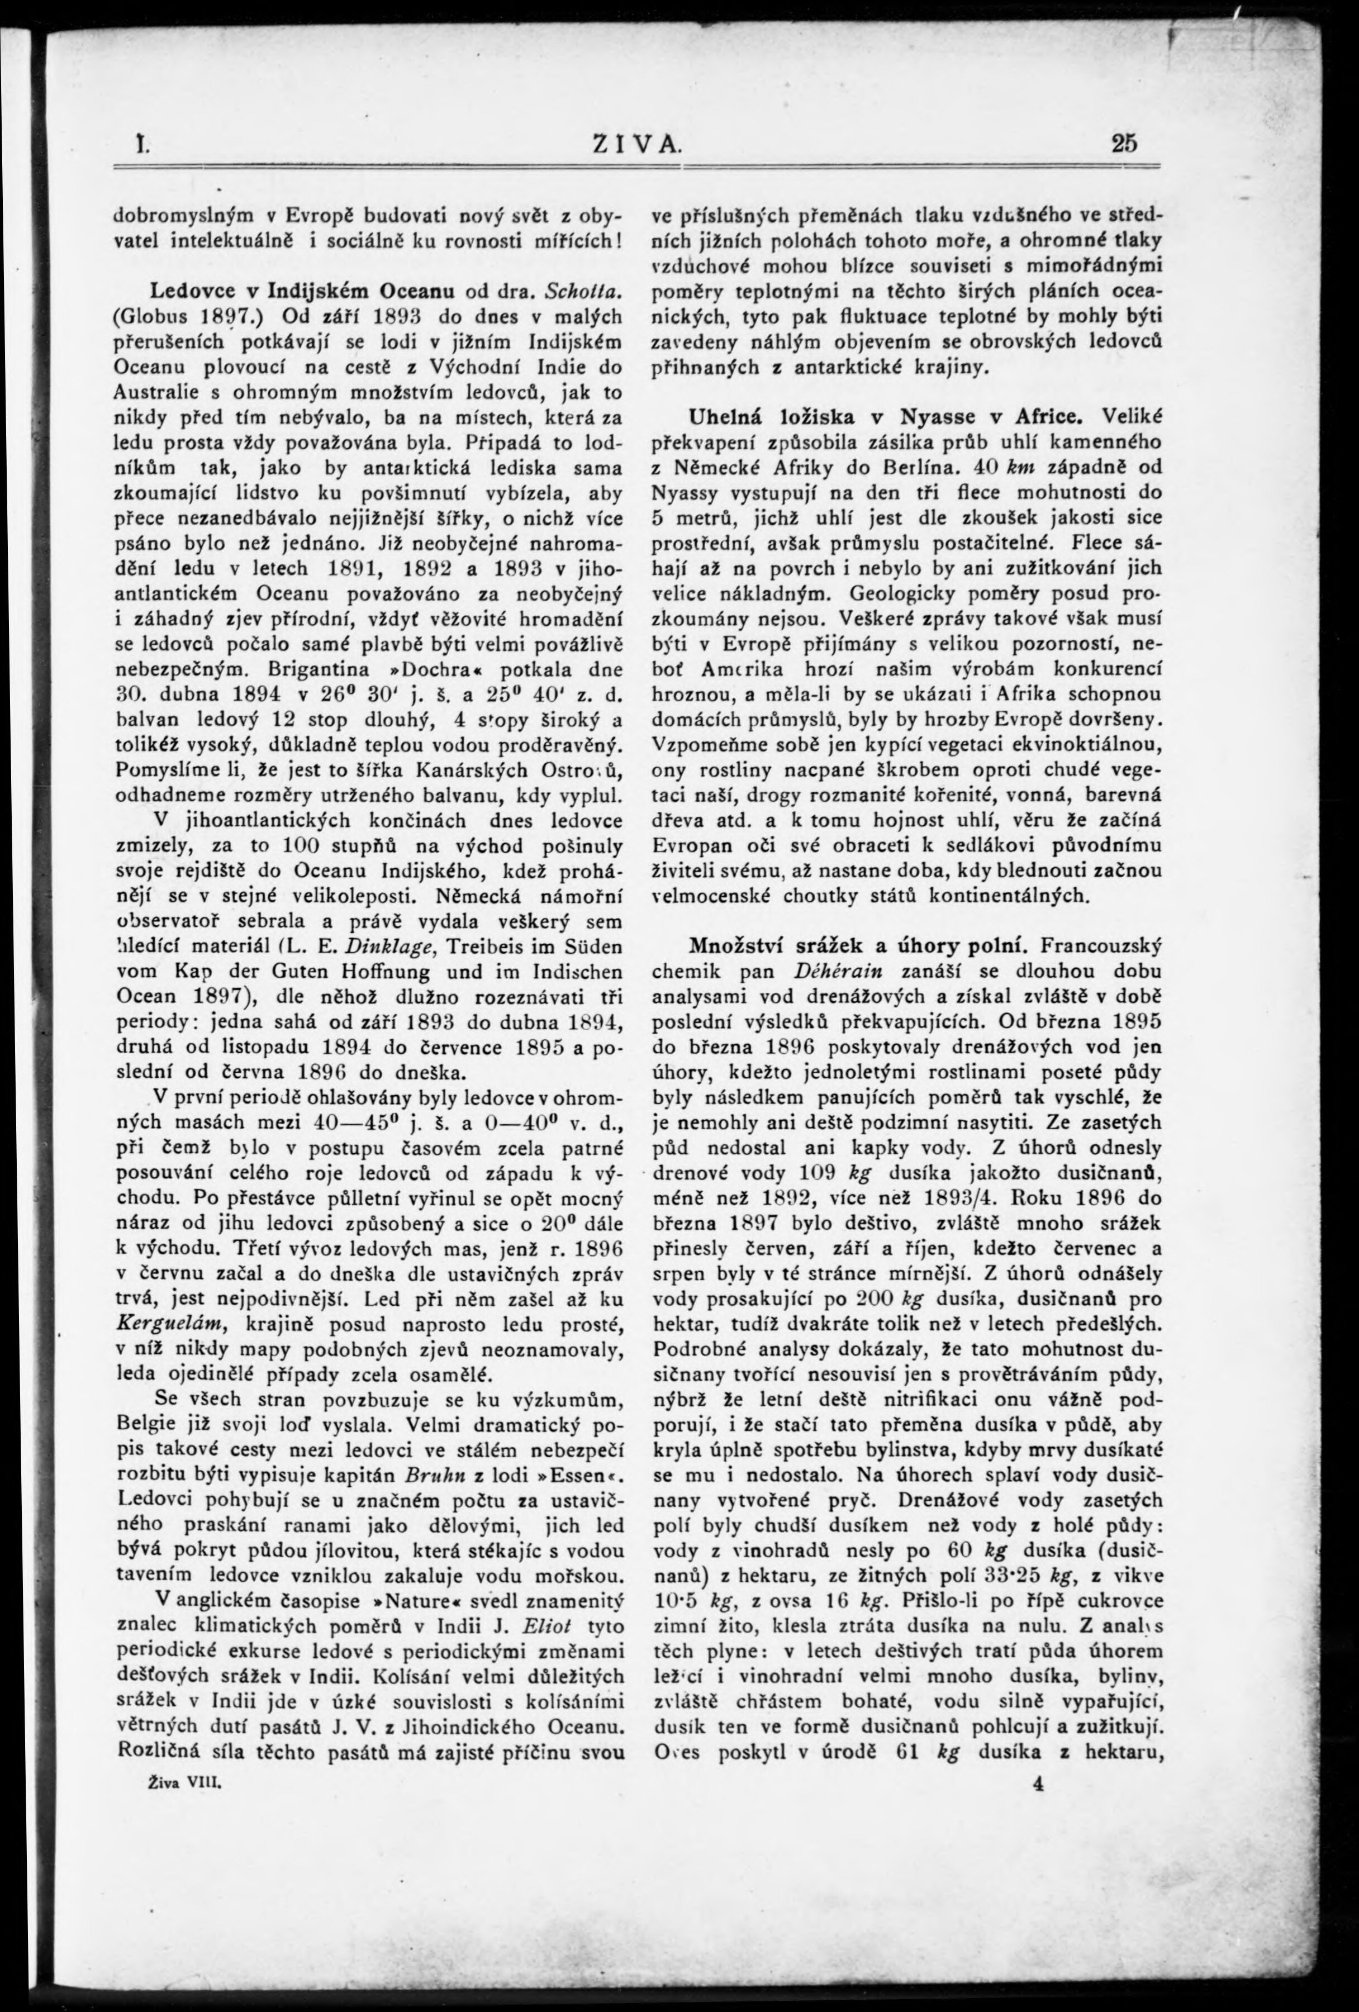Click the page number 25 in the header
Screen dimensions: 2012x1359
1125,143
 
